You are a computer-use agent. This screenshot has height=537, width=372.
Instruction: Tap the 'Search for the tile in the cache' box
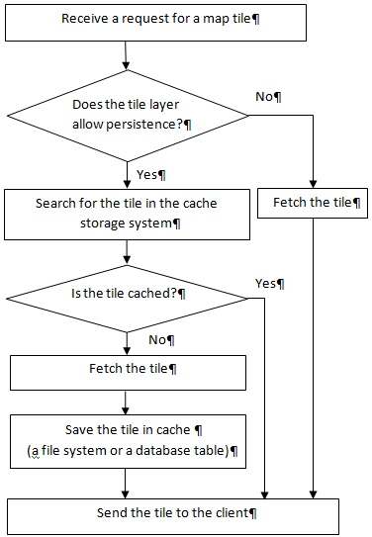tap(126, 214)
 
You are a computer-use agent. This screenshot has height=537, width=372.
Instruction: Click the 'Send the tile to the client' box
tap(173, 513)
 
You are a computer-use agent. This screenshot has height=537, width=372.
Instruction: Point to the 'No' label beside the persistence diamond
tap(266, 96)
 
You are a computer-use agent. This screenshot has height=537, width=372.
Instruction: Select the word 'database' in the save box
tap(180, 450)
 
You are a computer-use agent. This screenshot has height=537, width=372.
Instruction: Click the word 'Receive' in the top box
tap(84, 20)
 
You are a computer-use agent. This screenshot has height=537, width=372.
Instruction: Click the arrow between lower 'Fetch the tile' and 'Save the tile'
tap(127, 402)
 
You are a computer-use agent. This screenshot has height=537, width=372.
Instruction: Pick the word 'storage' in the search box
tap(104, 224)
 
